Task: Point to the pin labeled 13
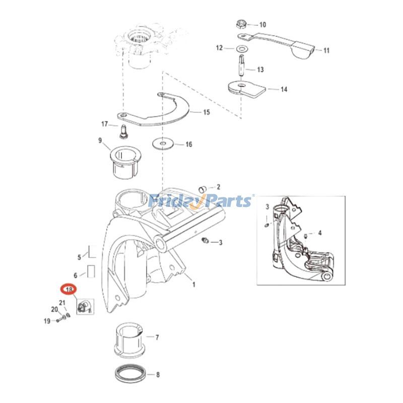[x=241, y=66]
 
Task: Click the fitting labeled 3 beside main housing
[x=205, y=241]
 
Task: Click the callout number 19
[x=47, y=321]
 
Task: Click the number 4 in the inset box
[x=319, y=233]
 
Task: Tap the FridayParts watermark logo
[x=201, y=201]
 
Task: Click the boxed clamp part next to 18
[x=84, y=305]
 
